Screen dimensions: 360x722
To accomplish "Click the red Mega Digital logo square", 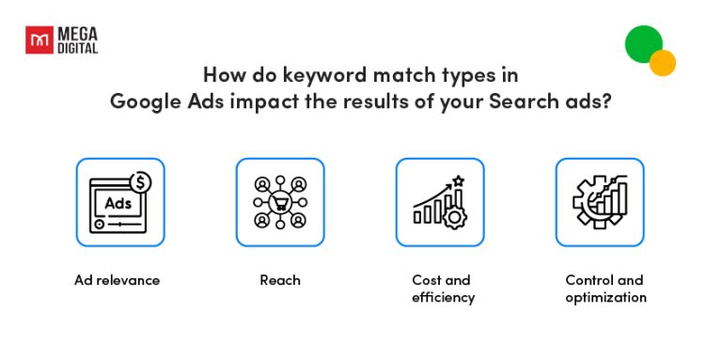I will click(39, 40).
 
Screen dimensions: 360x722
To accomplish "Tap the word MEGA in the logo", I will click(75, 34).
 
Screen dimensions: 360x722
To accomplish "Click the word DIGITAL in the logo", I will click(76, 48).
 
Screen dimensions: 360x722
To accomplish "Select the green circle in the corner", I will click(644, 43).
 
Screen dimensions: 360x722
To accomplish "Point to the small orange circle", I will click(663, 63).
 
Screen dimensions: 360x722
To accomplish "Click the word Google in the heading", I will click(143, 101).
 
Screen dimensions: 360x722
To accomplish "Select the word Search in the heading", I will click(521, 101).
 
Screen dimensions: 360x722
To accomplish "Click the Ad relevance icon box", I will click(120, 202).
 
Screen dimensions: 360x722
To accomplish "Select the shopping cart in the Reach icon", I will click(280, 203).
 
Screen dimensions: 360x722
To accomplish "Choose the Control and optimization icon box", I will click(600, 202).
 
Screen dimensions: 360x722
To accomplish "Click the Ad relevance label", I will click(118, 280).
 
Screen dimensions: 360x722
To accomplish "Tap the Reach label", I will click(279, 280).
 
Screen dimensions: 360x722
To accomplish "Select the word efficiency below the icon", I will click(443, 298).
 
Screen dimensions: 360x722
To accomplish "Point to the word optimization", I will click(605, 298).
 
